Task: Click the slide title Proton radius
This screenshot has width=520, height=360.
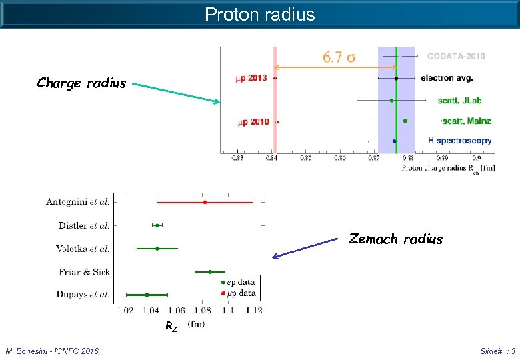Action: click(x=259, y=14)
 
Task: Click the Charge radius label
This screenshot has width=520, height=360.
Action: click(x=81, y=83)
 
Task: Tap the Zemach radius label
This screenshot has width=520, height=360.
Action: click(x=395, y=239)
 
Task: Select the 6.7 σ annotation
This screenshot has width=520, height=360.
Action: click(x=339, y=57)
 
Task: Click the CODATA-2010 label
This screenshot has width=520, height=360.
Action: click(x=456, y=56)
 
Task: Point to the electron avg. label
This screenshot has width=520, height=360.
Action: click(x=447, y=78)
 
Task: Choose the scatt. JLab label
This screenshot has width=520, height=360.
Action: click(x=459, y=100)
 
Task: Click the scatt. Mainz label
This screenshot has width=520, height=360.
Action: click(x=467, y=121)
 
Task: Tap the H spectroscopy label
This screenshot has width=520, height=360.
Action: click(x=459, y=141)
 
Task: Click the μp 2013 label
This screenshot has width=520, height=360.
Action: click(x=251, y=78)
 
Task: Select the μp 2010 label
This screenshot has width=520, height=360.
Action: click(x=253, y=122)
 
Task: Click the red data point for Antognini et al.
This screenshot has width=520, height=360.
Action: click(x=205, y=202)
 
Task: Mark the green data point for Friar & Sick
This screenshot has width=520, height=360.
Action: click(x=210, y=271)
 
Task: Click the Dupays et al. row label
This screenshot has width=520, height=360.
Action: click(x=82, y=294)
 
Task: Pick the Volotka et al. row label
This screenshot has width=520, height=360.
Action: click(x=83, y=249)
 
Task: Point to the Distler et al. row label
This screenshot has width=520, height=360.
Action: click(x=84, y=226)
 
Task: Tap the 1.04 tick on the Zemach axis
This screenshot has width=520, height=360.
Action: click(x=151, y=310)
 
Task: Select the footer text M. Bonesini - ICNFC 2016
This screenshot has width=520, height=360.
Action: click(x=52, y=351)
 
